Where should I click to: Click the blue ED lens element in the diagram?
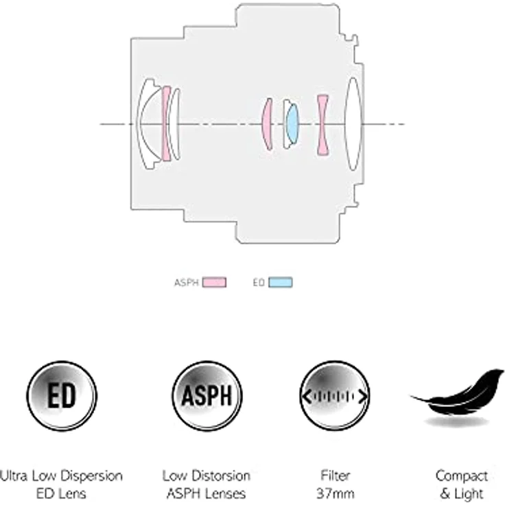(x=292, y=124)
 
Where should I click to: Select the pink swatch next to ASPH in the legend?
(x=214, y=283)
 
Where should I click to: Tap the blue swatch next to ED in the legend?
(x=281, y=283)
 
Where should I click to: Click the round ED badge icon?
(x=62, y=396)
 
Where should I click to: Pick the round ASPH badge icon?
(x=207, y=396)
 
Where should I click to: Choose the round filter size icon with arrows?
(x=335, y=396)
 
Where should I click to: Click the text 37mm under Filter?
(x=336, y=493)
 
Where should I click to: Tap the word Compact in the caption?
(x=462, y=476)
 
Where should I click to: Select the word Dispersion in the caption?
(x=91, y=476)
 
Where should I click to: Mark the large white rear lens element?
(x=353, y=124)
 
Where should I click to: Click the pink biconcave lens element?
(x=322, y=125)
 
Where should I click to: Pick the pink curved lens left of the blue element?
(x=268, y=124)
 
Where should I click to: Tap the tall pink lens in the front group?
(x=166, y=124)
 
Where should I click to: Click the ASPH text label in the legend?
(x=186, y=283)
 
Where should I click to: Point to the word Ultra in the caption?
(x=14, y=475)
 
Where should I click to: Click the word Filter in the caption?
(x=336, y=475)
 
